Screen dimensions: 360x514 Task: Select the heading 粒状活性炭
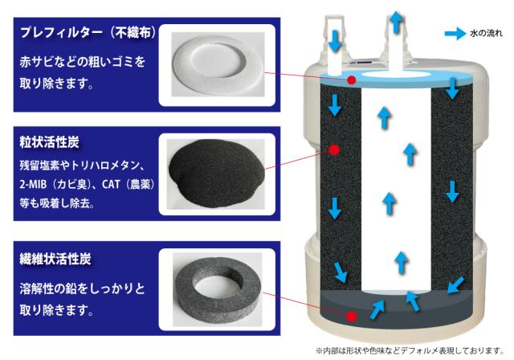coord(44,141)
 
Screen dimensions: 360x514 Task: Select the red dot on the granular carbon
coord(335,150)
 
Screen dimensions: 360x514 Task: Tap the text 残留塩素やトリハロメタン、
coord(80,166)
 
